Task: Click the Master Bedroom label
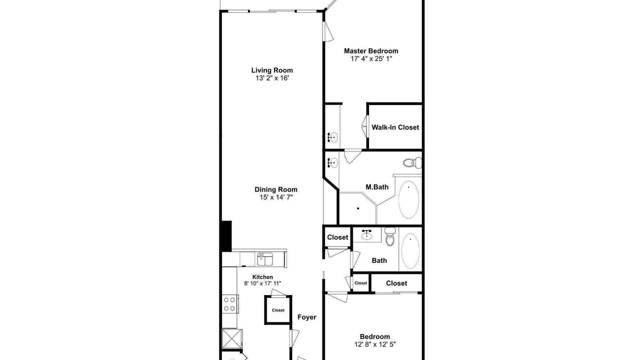tap(371, 51)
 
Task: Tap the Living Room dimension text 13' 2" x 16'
tap(272, 78)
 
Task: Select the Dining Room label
tap(276, 189)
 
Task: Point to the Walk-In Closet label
tap(395, 127)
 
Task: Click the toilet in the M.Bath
tap(412, 162)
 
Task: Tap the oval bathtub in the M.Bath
tap(409, 199)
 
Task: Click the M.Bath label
tap(377, 187)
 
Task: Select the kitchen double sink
tap(265, 259)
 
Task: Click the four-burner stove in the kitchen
tap(230, 304)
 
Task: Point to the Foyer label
tap(307, 317)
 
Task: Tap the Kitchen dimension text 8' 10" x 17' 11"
tap(262, 283)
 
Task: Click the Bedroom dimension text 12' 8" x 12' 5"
tap(375, 344)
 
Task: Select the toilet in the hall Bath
tap(390, 236)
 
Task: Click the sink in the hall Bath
tap(366, 234)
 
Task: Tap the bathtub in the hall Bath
tap(410, 251)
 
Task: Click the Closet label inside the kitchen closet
tap(278, 310)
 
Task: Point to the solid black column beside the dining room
tap(226, 236)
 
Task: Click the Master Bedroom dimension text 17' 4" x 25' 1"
tap(371, 59)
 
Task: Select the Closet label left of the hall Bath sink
tap(337, 237)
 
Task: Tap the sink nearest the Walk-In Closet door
tap(333, 137)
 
